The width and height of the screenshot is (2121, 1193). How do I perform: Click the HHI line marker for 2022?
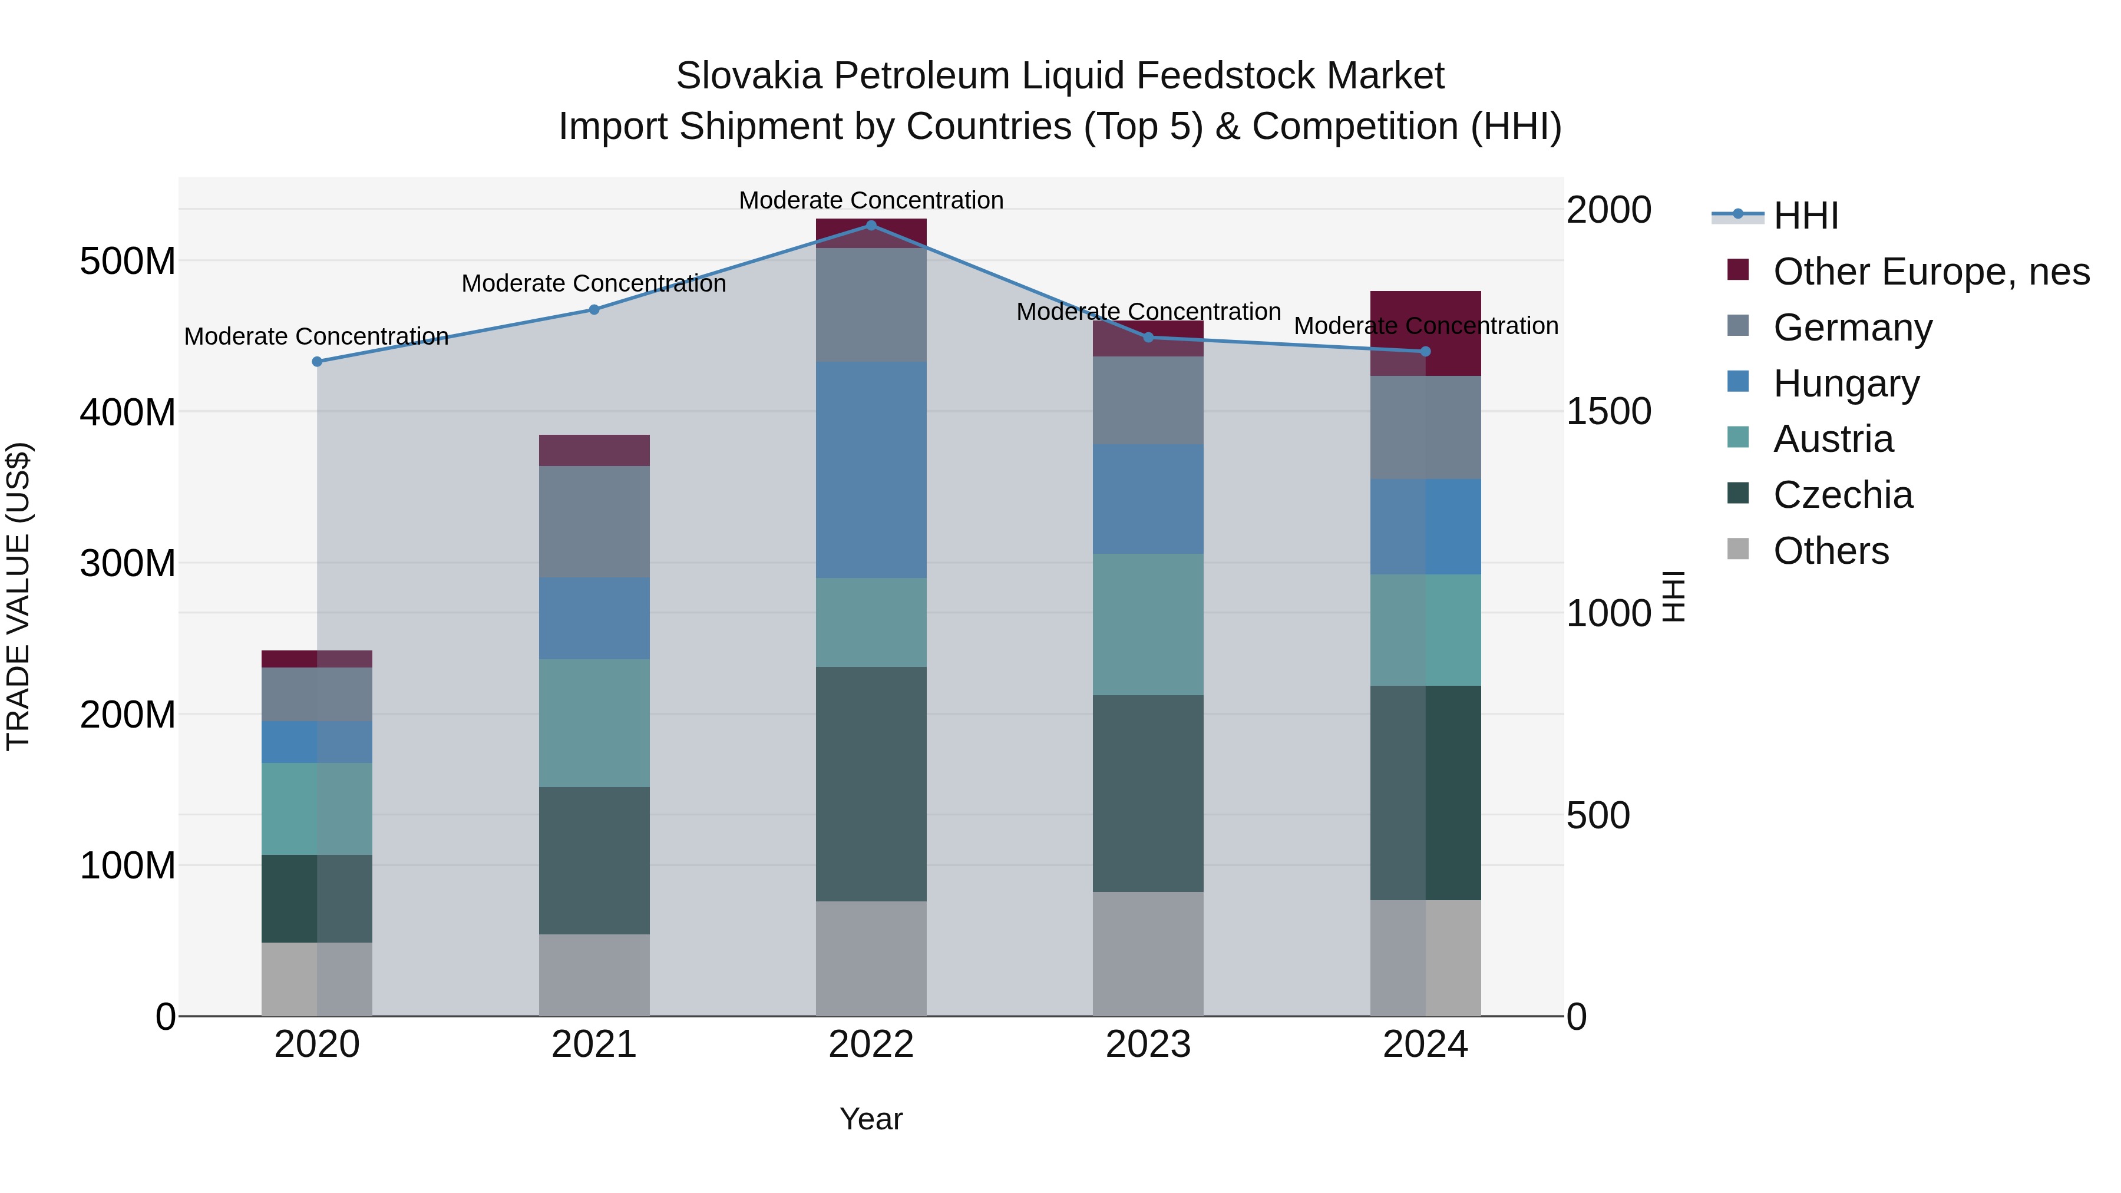pyautogui.click(x=871, y=225)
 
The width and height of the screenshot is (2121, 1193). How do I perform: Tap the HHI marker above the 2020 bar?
pyautogui.click(x=317, y=362)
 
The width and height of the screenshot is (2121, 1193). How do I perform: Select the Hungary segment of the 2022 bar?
pyautogui.click(x=871, y=470)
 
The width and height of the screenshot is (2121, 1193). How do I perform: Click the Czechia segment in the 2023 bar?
pyautogui.click(x=1148, y=793)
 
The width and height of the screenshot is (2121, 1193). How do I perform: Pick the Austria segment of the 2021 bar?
pyautogui.click(x=594, y=723)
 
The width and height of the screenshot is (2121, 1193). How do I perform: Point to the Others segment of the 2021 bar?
pyautogui.click(x=594, y=975)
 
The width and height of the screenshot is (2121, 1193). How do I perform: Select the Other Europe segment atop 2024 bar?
pyautogui.click(x=1425, y=333)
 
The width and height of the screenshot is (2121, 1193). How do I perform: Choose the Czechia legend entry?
pyautogui.click(x=1843, y=495)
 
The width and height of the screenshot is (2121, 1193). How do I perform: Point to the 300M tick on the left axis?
pyautogui.click(x=128, y=564)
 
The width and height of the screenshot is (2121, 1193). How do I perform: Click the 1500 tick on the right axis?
pyautogui.click(x=1608, y=412)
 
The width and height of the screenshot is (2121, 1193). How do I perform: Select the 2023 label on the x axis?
pyautogui.click(x=1148, y=1045)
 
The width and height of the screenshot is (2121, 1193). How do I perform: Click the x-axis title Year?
pyautogui.click(x=871, y=1119)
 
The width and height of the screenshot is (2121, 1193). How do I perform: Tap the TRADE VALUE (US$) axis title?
pyautogui.click(x=18, y=596)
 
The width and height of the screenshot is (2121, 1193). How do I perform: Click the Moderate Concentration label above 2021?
pyautogui.click(x=594, y=283)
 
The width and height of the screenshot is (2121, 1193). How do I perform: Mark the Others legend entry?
pyautogui.click(x=1831, y=551)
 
